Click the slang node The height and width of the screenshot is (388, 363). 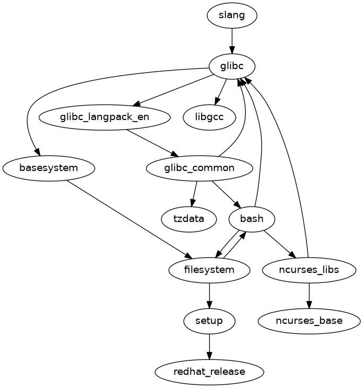[232, 15]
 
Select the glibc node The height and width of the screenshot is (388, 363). [232, 66]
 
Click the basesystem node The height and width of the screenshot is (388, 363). [49, 168]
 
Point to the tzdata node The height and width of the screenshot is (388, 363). [188, 219]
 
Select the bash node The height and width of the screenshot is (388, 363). [252, 219]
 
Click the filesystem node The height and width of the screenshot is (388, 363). [209, 270]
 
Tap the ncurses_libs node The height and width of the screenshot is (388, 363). [309, 270]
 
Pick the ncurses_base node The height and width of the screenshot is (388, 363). [309, 321]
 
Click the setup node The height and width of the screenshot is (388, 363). [209, 321]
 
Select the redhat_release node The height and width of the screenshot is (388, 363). [209, 372]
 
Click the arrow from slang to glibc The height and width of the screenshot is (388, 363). [232, 41]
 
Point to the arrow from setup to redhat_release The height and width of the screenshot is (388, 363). [209, 346]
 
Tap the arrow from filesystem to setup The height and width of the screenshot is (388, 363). [209, 295]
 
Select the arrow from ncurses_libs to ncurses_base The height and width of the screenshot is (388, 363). [309, 295]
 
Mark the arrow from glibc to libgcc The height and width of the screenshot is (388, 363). [221, 91]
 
